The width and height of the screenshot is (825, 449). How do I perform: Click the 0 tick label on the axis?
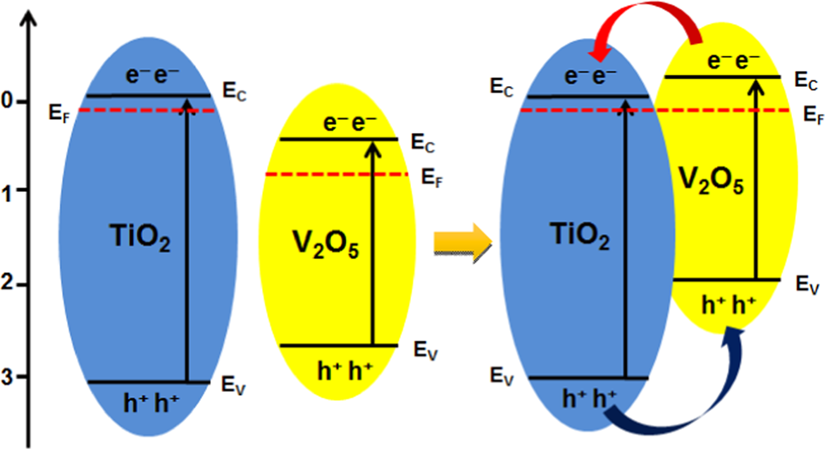point(7,102)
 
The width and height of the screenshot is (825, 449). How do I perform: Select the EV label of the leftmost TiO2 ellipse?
point(233,385)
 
